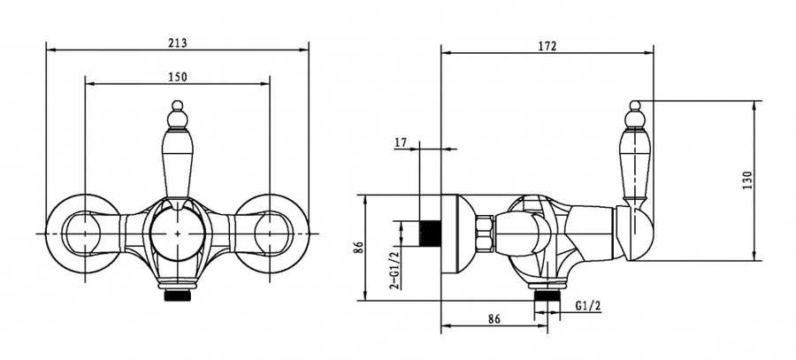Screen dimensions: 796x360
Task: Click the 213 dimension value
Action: point(178,43)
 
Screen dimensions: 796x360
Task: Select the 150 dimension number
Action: point(178,77)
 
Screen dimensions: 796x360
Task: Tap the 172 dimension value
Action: point(547,46)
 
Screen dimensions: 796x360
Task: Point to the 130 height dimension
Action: point(746,180)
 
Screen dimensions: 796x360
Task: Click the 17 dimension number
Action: point(401,143)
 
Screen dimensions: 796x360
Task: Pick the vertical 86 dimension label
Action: point(359,248)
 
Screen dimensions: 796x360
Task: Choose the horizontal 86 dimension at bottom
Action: point(494,319)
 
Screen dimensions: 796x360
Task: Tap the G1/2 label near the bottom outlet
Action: point(588,306)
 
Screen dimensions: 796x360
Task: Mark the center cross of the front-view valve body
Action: point(177,234)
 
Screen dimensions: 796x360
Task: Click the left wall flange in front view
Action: point(83,234)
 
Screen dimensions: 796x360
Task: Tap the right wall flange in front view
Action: point(272,234)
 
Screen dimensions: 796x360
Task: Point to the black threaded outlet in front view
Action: point(177,295)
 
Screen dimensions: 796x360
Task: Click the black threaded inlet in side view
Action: point(430,234)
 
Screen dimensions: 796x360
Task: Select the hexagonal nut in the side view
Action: point(485,234)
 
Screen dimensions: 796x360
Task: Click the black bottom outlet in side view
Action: point(547,295)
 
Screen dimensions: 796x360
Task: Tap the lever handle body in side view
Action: point(634,163)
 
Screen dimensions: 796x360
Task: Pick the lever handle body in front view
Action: point(177,163)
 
